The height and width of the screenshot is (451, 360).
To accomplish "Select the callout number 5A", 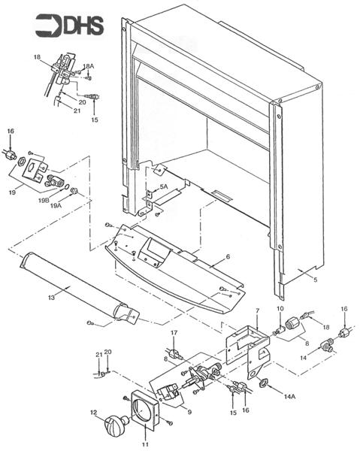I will click(163, 186).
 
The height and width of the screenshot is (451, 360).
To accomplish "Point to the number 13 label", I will click(51, 298).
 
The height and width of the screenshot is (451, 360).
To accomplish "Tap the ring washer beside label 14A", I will click(265, 384).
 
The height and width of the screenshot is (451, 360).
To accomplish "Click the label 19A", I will click(56, 205).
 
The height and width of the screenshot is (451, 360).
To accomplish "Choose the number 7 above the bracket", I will click(256, 310).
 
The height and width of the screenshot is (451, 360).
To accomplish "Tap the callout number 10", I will click(279, 309).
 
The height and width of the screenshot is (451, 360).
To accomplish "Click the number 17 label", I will click(174, 332).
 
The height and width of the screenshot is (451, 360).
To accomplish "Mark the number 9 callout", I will click(189, 412).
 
